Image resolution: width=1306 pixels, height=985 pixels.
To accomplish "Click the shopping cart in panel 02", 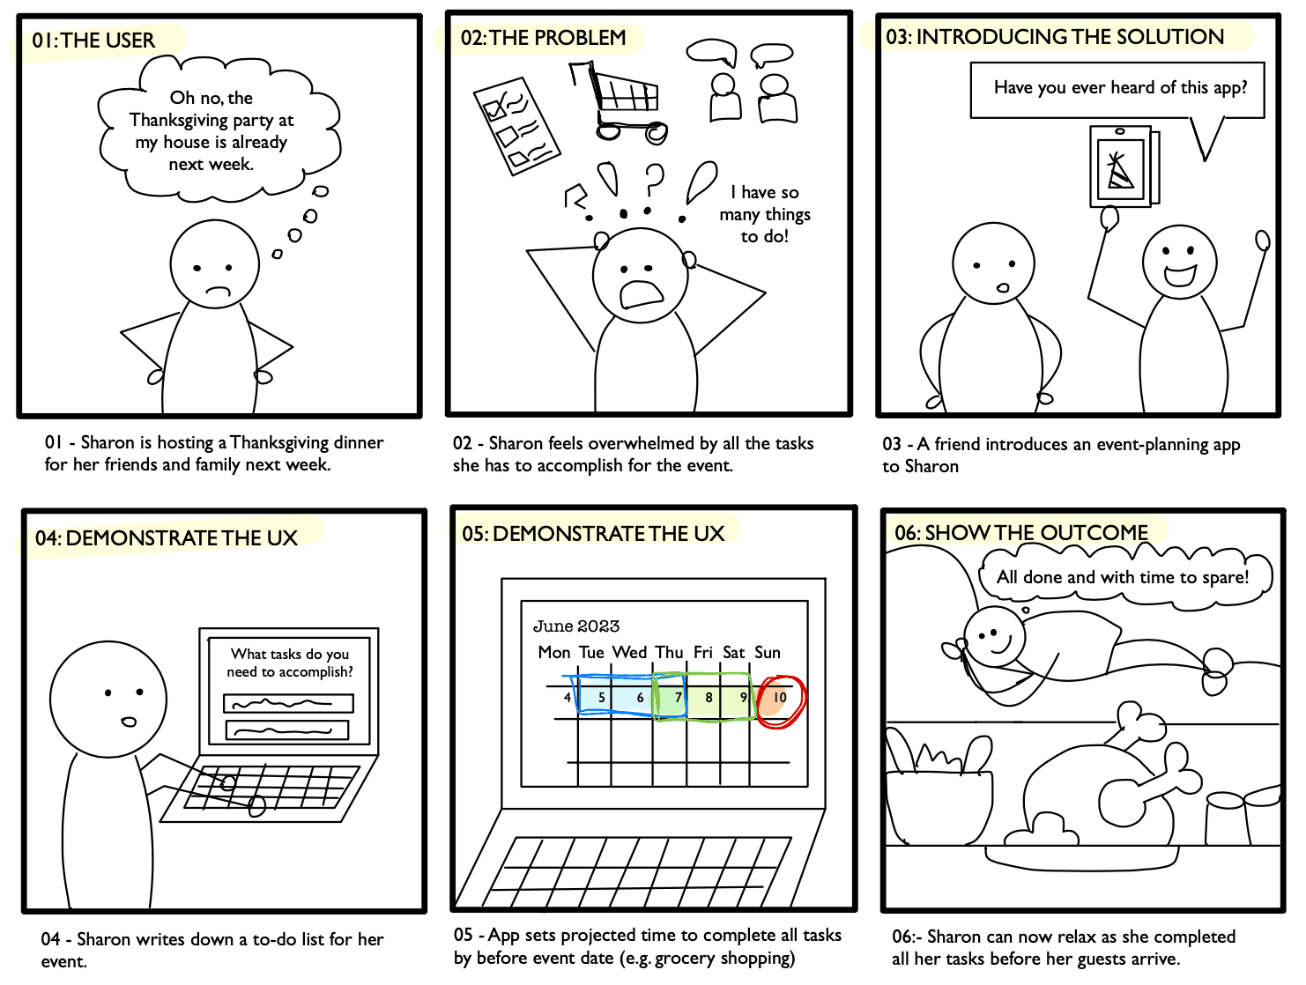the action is pos(619,101).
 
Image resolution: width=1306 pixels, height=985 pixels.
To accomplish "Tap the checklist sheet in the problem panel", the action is pos(516,126).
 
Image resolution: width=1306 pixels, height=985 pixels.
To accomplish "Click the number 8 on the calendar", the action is pos(709,697).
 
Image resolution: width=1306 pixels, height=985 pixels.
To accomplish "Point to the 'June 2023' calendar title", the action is pos(576,626).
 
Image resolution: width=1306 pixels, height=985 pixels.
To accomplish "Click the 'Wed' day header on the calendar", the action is pos(629,653).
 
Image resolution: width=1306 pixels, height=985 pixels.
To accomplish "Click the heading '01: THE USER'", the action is pos(93,41).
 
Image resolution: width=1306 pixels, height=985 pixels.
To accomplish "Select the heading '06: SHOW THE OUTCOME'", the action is pos(1021,532).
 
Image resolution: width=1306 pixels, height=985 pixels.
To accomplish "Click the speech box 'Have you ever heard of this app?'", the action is pos(1117,90).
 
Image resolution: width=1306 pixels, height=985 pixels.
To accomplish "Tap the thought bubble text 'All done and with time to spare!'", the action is pos(1122,577).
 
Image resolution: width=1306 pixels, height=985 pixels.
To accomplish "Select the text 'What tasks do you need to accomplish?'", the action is pos(290,663).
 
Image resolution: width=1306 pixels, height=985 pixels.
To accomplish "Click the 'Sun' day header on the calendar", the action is pos(768,653).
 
